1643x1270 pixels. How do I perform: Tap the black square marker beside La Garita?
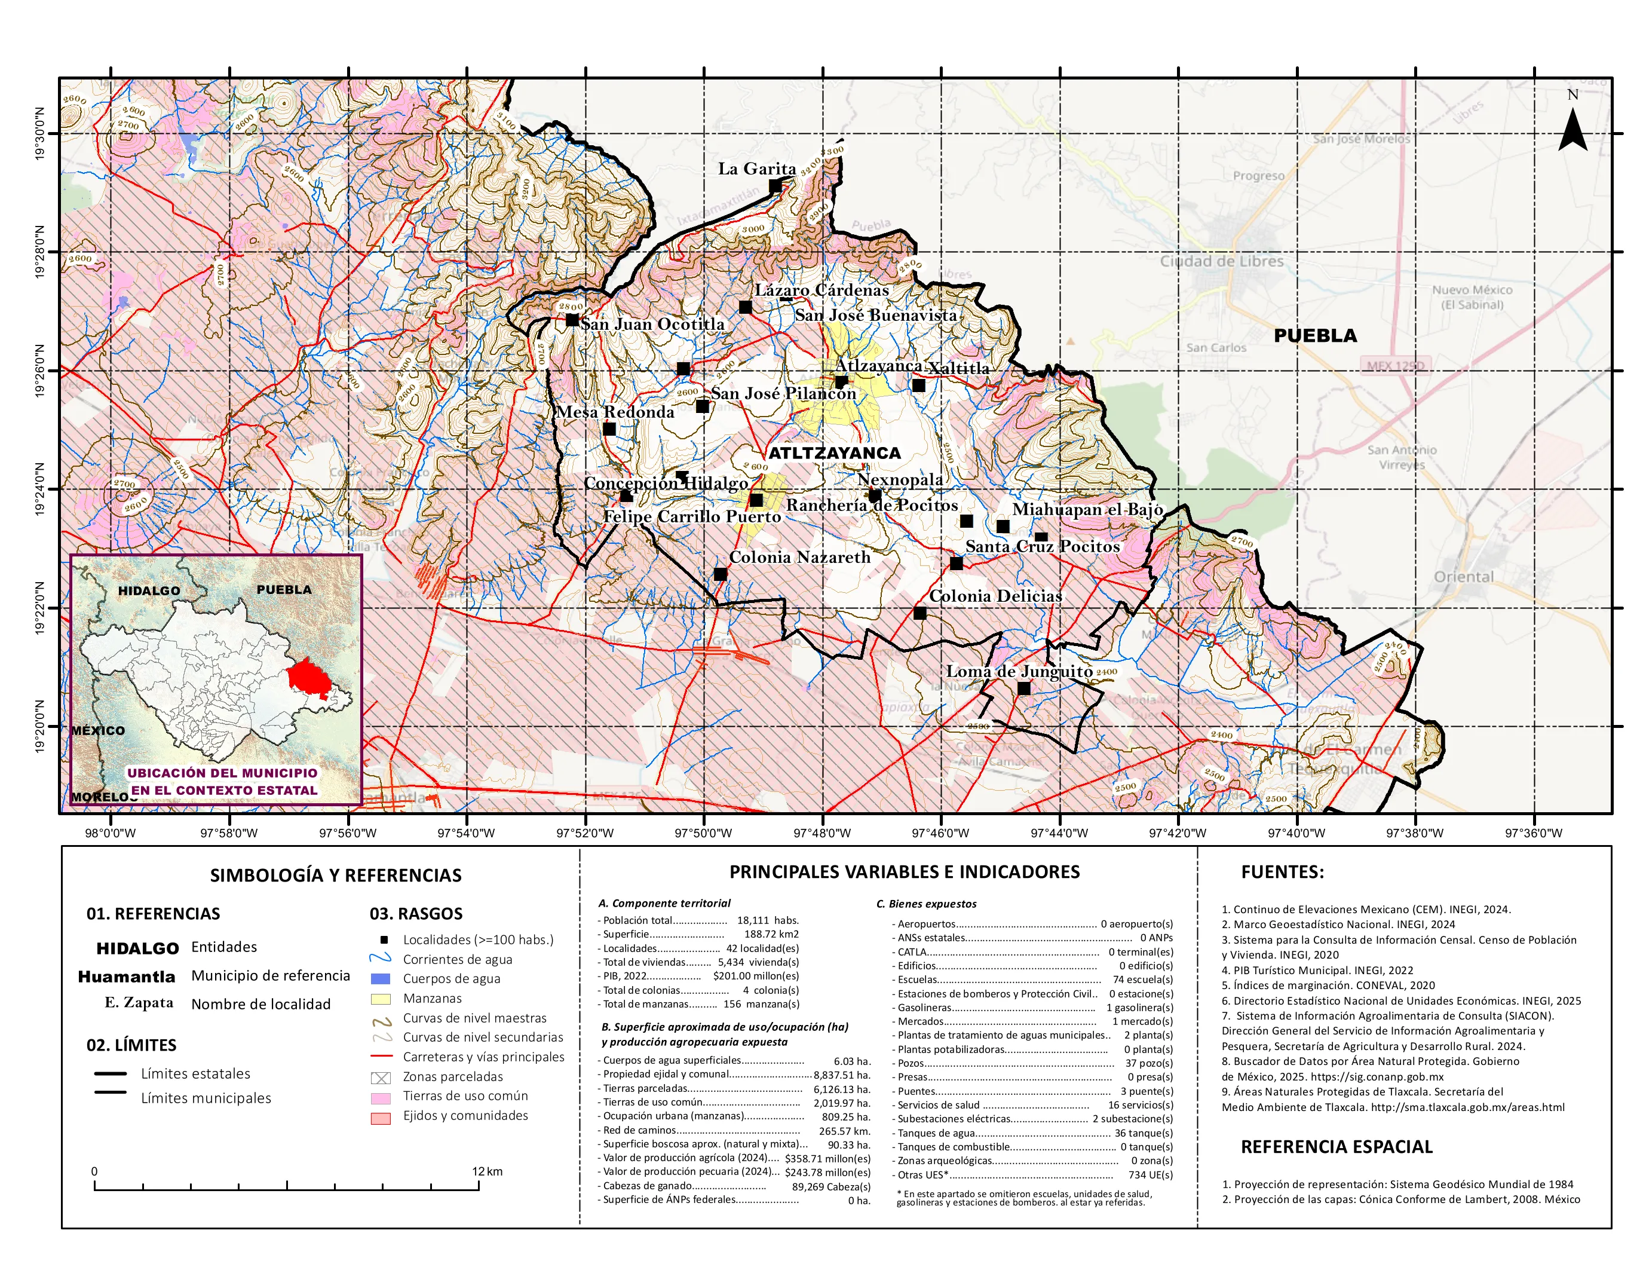tap(775, 186)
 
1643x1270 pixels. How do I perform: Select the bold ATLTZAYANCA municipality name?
tap(833, 453)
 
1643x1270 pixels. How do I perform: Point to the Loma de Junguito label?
tap(1019, 671)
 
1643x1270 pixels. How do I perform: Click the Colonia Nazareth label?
tap(799, 558)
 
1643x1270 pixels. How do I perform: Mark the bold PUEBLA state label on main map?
tap(1314, 335)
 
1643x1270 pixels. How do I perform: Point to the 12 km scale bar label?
tap(487, 1171)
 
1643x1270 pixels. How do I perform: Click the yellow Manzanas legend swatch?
tap(381, 999)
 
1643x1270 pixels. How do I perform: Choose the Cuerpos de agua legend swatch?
tap(381, 979)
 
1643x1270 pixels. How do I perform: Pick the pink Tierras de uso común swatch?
tap(381, 1097)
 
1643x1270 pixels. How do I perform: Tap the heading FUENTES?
tap(1282, 872)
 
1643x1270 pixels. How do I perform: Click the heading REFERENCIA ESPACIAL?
tap(1336, 1147)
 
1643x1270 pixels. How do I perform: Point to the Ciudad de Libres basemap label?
tap(1221, 261)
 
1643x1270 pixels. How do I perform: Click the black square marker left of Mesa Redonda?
tap(609, 429)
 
